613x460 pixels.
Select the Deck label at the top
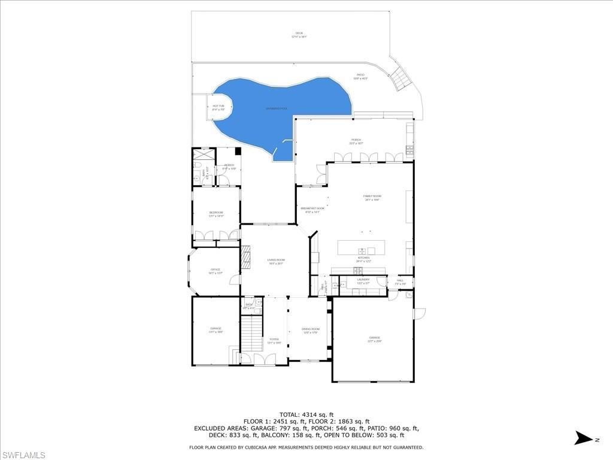(299, 34)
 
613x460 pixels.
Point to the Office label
(215, 271)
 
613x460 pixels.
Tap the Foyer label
(274, 340)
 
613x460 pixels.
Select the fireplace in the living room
(245, 257)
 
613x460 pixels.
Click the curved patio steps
(400, 77)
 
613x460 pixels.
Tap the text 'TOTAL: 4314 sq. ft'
(306, 414)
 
